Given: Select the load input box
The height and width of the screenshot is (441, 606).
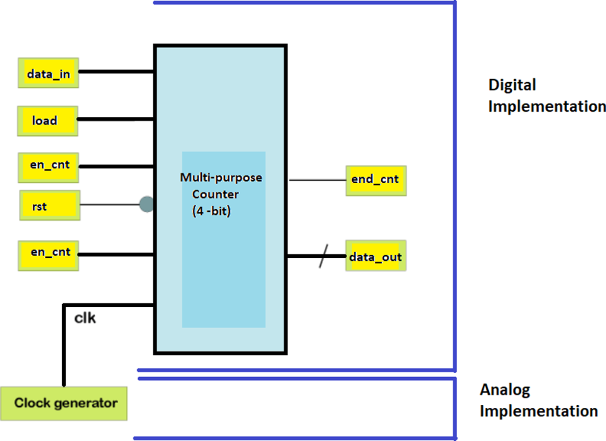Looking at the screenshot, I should click(x=47, y=121).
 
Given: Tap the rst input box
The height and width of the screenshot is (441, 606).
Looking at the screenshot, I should click(x=49, y=206).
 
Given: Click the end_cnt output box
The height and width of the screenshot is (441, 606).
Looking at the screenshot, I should click(x=376, y=180).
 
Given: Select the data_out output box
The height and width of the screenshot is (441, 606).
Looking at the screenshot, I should click(x=376, y=256).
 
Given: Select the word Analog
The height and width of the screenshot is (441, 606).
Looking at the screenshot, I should click(x=505, y=390).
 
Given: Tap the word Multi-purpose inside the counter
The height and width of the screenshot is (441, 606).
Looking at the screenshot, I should click(x=221, y=178).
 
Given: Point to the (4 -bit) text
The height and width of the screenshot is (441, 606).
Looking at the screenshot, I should click(x=212, y=211).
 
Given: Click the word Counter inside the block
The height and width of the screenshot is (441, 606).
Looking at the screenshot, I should click(x=215, y=194).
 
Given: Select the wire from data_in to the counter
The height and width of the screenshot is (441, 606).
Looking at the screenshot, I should click(x=116, y=72).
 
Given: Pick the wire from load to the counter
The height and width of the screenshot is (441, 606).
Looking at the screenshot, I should click(x=116, y=120).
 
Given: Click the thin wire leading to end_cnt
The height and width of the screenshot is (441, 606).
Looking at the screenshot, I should click(x=317, y=180).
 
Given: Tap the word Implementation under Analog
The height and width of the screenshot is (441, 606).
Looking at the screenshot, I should click(x=539, y=410).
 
